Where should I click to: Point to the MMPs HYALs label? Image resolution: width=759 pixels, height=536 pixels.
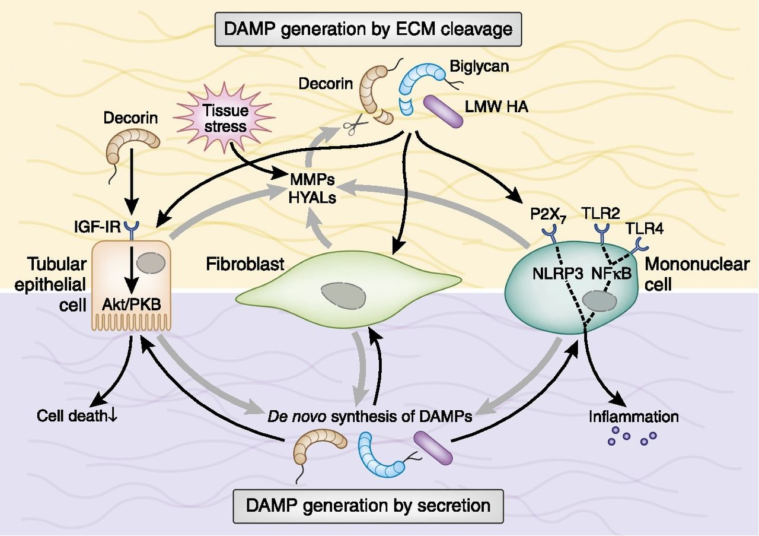[312, 188]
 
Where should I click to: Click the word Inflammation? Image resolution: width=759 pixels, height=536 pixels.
[633, 416]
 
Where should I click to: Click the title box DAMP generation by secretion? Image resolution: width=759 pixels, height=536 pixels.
[368, 505]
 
